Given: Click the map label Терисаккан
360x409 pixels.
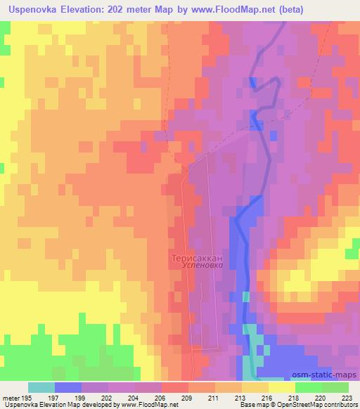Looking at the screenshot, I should (198, 258).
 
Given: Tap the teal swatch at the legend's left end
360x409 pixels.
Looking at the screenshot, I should (41, 387).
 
